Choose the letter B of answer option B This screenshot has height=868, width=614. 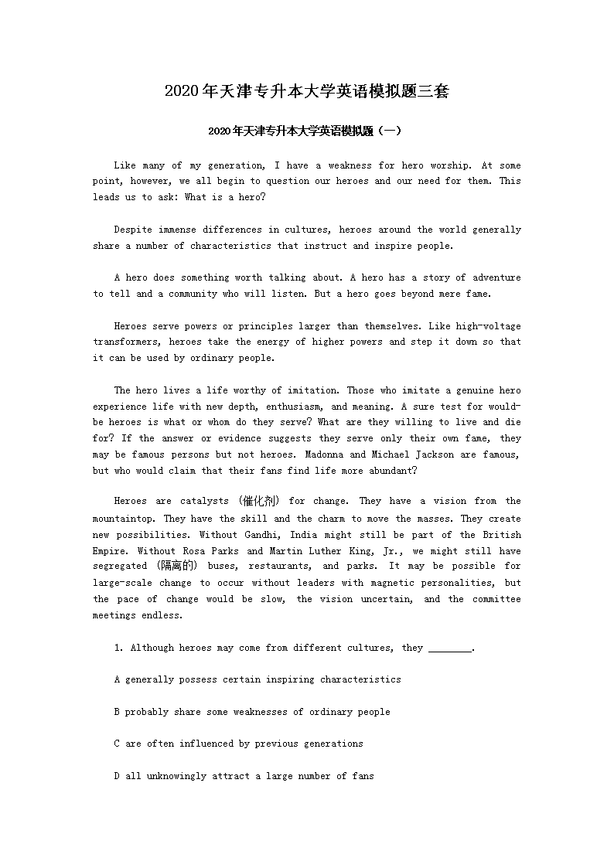[117, 712]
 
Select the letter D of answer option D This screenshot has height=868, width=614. [117, 776]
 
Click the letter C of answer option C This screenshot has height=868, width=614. [117, 744]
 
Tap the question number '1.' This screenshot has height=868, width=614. [119, 648]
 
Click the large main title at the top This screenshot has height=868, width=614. [306, 92]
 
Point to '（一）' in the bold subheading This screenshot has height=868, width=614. [390, 131]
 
